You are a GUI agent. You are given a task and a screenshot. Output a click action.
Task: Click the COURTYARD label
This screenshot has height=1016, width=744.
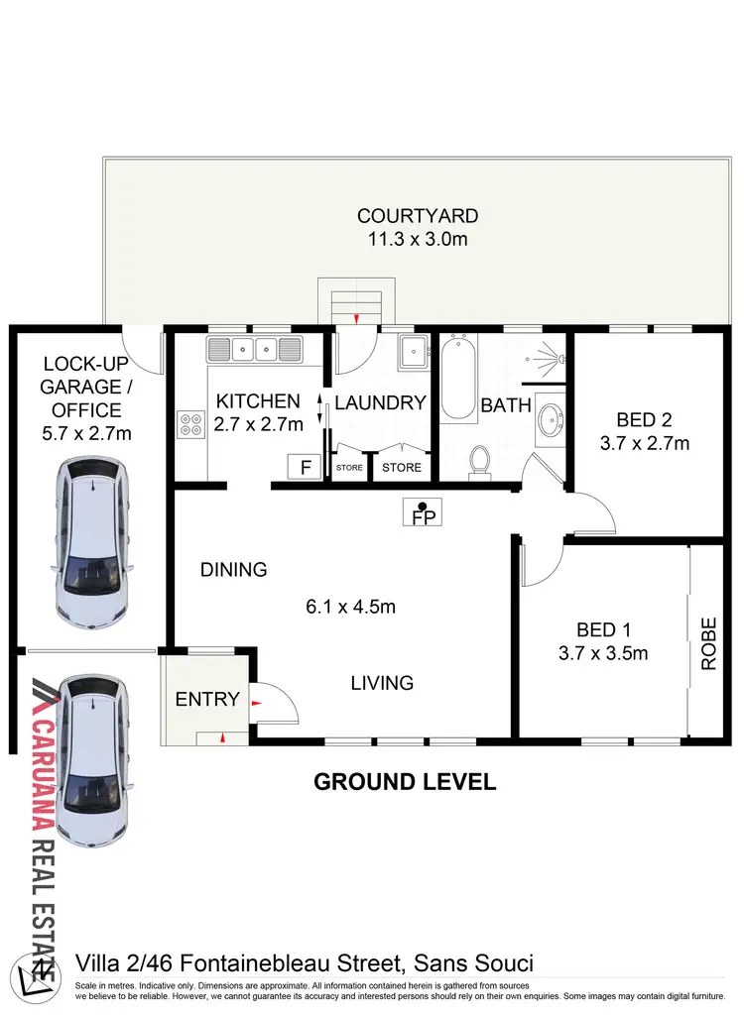tap(418, 215)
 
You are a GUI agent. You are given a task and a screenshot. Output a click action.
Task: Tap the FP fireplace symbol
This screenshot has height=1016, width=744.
tap(423, 513)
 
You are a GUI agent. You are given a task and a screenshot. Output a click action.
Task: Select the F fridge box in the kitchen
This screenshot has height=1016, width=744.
tap(304, 466)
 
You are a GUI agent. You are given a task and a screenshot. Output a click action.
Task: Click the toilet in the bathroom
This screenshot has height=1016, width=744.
tap(480, 461)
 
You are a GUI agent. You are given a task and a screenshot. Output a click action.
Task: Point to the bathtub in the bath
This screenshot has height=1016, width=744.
tap(458, 378)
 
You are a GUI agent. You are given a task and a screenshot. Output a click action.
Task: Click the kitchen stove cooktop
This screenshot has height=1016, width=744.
tap(188, 425)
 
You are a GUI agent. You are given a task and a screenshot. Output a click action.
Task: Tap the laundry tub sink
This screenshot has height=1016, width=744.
tap(412, 350)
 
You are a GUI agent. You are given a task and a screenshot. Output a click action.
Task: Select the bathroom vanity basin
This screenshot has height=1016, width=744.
tap(549, 420)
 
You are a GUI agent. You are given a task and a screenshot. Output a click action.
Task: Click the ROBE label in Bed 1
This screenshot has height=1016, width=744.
tap(708, 644)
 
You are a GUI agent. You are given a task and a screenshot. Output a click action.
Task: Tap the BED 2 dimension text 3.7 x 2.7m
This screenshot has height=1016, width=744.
tap(645, 443)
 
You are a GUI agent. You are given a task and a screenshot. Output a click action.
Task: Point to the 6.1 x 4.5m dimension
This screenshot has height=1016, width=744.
tap(350, 607)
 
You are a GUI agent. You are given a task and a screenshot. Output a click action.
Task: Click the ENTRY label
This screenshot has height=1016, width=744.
tap(207, 699)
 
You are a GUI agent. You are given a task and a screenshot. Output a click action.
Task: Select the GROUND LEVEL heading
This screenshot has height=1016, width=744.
tap(405, 781)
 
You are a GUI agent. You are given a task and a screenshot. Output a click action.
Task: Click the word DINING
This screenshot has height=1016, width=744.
tap(234, 570)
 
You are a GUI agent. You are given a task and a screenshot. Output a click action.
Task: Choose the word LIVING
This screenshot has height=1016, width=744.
tap(382, 683)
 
